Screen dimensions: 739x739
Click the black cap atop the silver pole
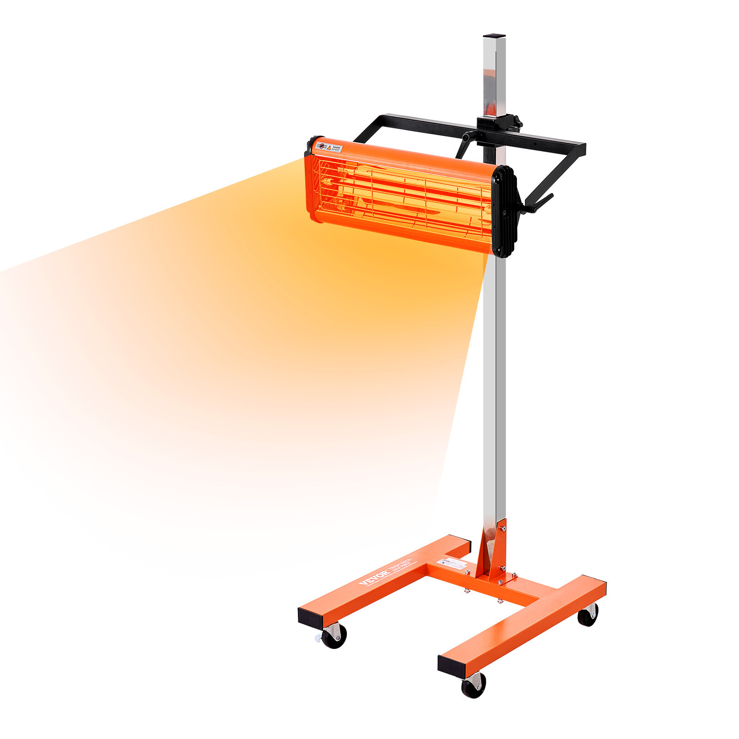(x=494, y=36)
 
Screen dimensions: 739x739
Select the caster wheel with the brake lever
(x=333, y=636)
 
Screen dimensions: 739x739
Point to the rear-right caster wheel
(x=588, y=615)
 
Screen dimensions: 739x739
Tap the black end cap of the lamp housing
(x=503, y=211)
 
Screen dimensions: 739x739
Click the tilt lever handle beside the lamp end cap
(x=538, y=203)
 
